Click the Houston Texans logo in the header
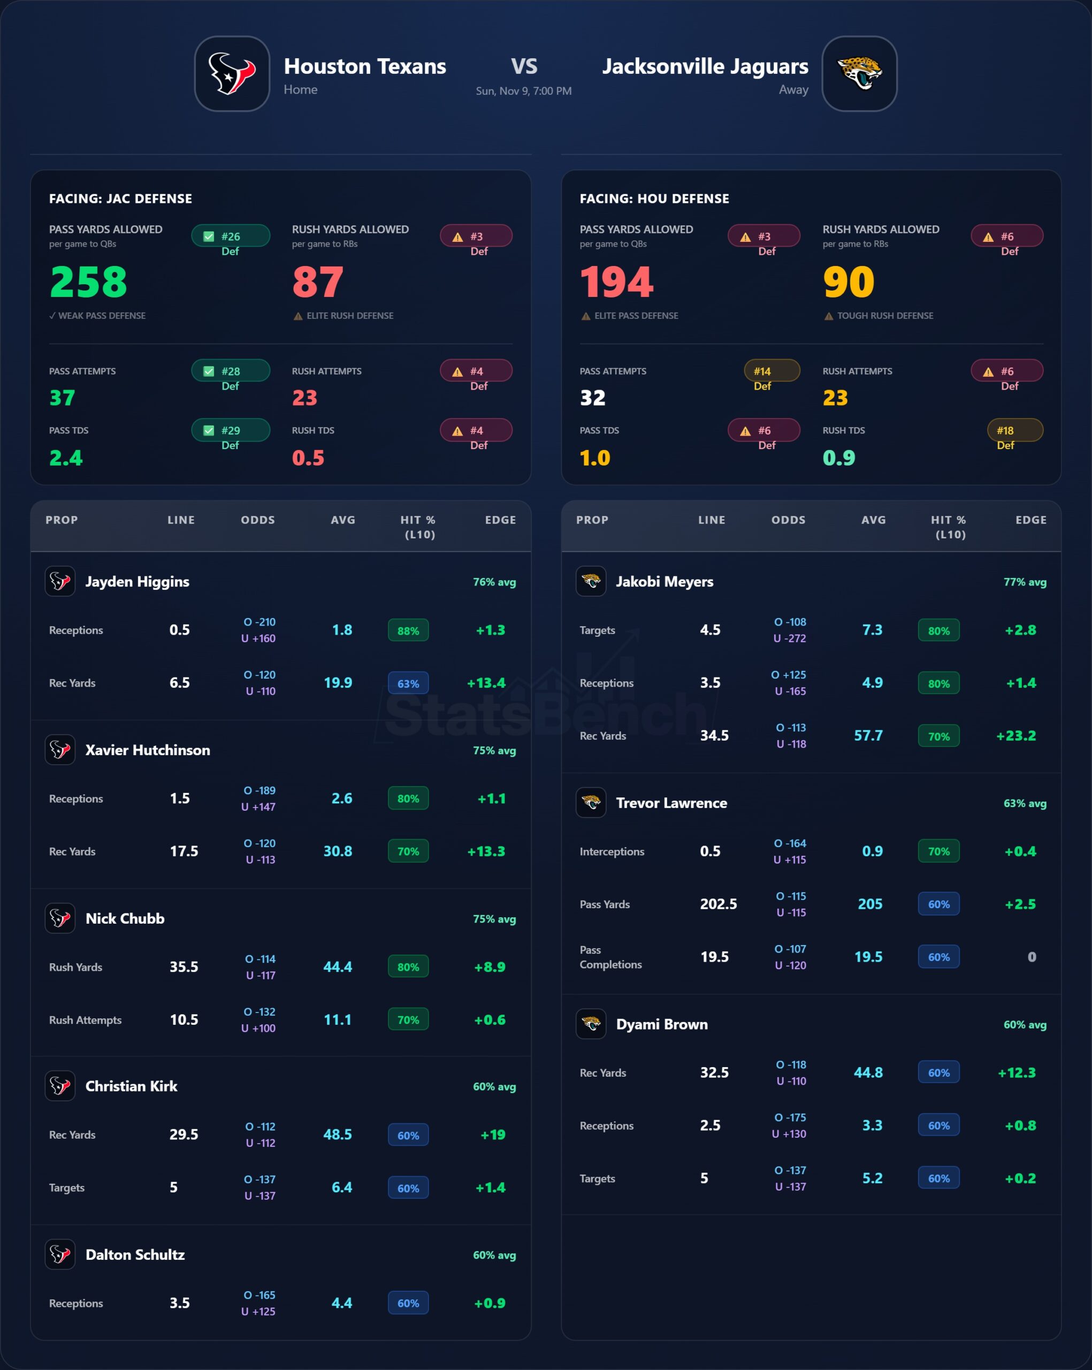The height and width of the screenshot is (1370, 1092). click(x=232, y=74)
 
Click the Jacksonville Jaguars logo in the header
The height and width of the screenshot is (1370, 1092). click(x=859, y=74)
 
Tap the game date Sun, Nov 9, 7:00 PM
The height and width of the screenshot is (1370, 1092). click(x=523, y=91)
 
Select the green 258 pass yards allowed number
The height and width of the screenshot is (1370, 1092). click(x=89, y=281)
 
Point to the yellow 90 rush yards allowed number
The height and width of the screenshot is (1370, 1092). click(x=849, y=281)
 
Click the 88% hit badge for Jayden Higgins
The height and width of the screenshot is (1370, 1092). click(x=408, y=630)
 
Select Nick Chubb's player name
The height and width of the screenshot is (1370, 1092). click(x=125, y=918)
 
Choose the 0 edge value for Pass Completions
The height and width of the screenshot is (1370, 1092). click(x=1032, y=956)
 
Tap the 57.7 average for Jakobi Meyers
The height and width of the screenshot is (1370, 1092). click(x=868, y=735)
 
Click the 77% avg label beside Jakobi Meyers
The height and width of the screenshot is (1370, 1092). click(x=1025, y=582)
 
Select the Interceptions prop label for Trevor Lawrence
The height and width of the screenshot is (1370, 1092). click(x=612, y=851)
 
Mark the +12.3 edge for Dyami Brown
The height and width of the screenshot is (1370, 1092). click(x=1017, y=1072)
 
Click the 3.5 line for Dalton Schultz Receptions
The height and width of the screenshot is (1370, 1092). click(x=180, y=1303)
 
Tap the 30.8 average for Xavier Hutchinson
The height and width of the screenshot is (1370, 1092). click(x=337, y=851)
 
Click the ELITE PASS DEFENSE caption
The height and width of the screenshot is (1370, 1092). click(x=636, y=316)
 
